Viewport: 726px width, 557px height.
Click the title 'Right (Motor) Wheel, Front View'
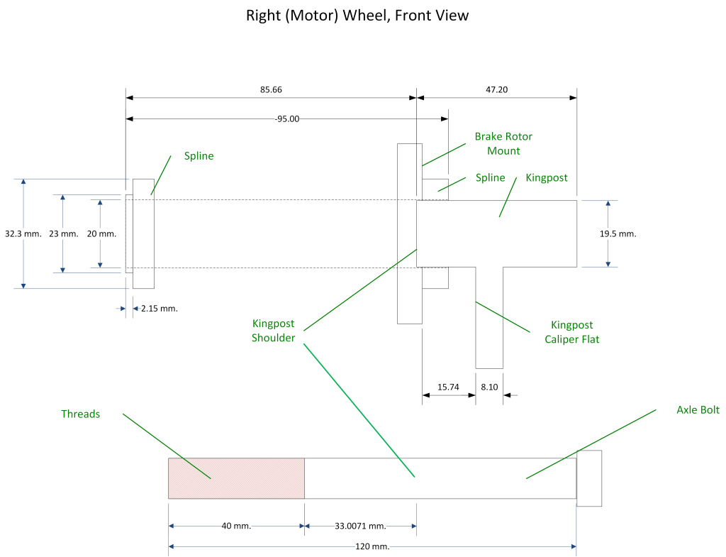coord(357,15)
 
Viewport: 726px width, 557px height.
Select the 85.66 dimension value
coord(272,90)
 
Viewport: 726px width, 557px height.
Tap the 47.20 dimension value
coord(496,90)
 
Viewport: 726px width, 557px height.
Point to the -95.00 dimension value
coord(287,118)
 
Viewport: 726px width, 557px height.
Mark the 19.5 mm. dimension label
coord(619,233)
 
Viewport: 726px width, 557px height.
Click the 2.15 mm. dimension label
coord(160,309)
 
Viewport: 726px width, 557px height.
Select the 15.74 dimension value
coord(448,387)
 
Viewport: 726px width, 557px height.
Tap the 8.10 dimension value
coord(490,387)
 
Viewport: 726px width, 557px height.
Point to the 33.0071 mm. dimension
coord(360,526)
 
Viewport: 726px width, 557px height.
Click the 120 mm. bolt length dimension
coord(372,546)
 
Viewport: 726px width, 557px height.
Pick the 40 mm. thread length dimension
coord(236,526)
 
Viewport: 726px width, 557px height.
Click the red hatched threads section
coord(236,478)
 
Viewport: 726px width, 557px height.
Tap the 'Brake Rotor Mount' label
coord(503,143)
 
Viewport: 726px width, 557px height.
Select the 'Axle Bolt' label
coord(698,410)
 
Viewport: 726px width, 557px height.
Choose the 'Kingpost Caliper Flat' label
coord(571,332)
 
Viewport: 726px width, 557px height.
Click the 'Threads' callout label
coord(80,414)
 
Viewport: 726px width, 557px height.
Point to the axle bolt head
coord(589,478)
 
